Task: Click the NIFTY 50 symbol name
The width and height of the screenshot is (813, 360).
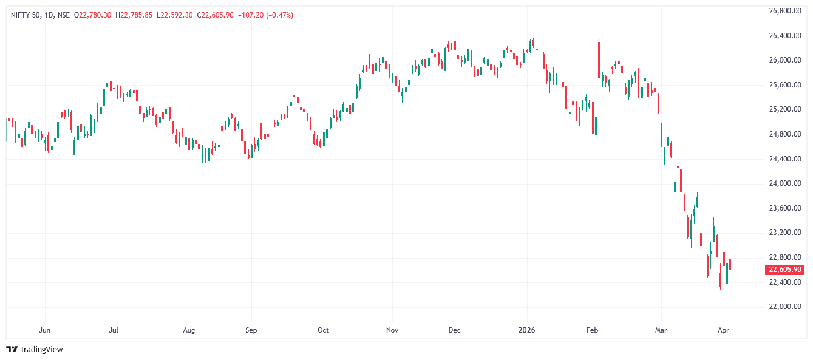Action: tap(26, 15)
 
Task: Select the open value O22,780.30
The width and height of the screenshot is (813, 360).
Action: tap(92, 15)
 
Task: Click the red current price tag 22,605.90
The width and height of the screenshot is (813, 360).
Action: tap(785, 270)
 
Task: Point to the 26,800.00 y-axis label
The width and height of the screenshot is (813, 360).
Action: tap(785, 11)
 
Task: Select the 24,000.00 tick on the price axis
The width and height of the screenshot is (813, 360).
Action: tap(785, 183)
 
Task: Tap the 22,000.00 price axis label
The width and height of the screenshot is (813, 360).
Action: tap(785, 307)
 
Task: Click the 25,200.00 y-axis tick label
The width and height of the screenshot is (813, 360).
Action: tap(785, 109)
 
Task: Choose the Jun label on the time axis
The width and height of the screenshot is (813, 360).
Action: tap(44, 330)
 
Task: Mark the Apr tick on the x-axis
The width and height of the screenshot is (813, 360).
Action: tap(724, 330)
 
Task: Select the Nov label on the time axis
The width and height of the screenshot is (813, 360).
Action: tap(392, 330)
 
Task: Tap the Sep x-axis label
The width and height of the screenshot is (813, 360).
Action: tap(251, 330)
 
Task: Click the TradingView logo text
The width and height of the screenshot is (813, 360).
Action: tap(41, 349)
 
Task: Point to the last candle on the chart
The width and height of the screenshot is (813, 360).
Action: tap(730, 265)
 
